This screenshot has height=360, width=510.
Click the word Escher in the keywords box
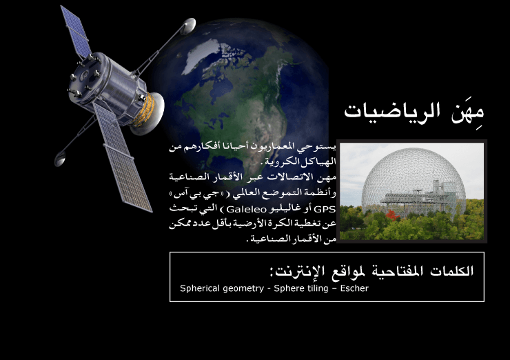[x=354, y=288]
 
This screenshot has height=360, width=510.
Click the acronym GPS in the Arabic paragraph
[x=325, y=209]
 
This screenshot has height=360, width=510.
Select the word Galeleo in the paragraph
[x=246, y=209]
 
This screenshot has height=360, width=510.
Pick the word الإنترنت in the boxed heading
[x=296, y=272]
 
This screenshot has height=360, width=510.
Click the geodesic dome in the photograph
[x=413, y=182]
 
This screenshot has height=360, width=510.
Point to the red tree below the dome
[x=393, y=215]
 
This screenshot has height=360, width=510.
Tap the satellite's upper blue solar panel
[x=76, y=32]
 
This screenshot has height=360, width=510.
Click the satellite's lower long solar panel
[x=123, y=158]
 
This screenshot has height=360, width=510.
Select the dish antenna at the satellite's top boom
[x=187, y=26]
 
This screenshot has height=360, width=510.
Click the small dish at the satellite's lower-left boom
[x=59, y=159]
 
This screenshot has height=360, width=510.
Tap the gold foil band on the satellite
[x=145, y=110]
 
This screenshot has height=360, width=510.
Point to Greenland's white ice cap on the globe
[x=202, y=54]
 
